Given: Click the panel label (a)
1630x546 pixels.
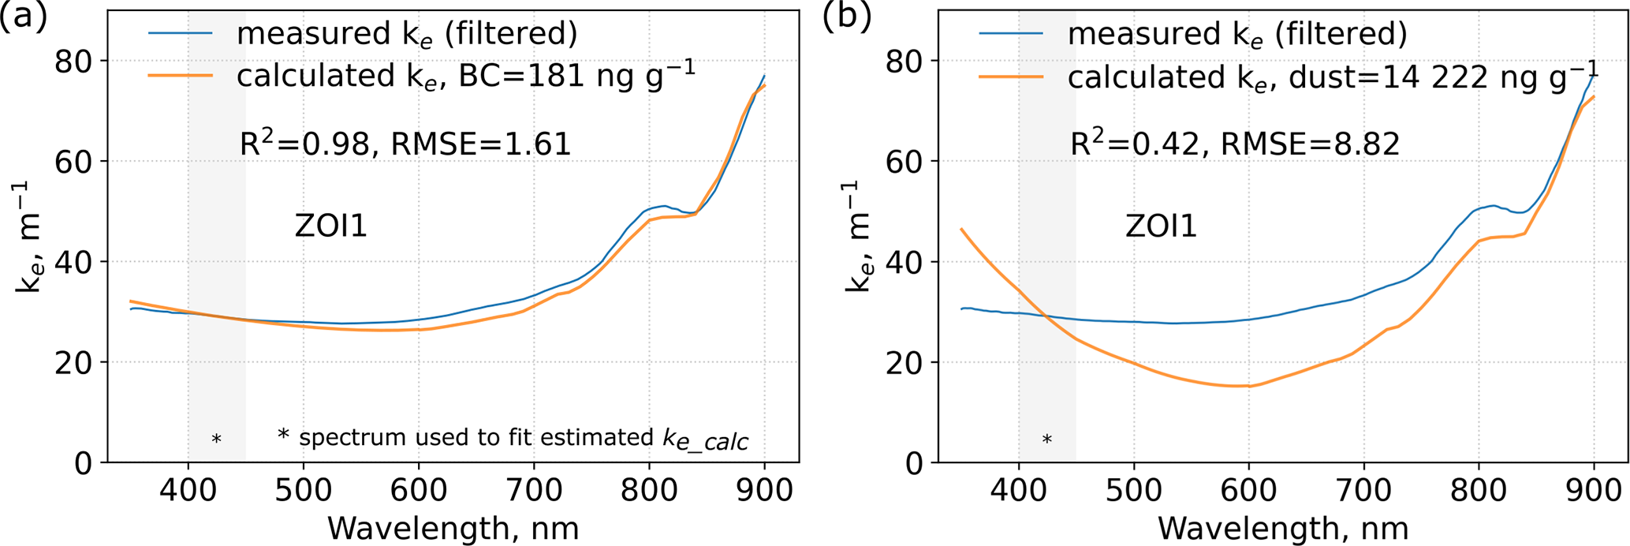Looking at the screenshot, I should [x=23, y=17].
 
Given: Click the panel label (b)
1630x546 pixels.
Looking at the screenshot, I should [x=847, y=17].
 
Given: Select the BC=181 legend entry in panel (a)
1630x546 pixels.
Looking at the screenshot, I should [x=465, y=76].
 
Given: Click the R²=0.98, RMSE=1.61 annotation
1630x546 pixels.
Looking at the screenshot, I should [x=405, y=144].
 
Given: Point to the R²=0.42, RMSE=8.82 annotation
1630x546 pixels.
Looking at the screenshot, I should [x=1235, y=144].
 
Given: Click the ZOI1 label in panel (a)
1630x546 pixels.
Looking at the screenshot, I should [x=331, y=226].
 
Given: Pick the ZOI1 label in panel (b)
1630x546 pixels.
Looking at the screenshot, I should [x=1161, y=226].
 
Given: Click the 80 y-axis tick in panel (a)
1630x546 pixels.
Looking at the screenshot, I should [x=73, y=61].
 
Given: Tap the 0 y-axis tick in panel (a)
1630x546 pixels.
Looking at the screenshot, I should [x=83, y=463].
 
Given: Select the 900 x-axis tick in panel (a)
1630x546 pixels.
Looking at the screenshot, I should [x=764, y=491].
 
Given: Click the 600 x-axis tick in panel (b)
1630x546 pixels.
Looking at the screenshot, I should [x=1249, y=491].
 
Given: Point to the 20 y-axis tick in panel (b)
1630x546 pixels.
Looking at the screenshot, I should [x=904, y=362].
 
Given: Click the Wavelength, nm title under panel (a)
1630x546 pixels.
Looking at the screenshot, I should [x=453, y=527].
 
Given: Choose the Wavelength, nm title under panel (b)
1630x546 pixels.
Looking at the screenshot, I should [x=1283, y=527].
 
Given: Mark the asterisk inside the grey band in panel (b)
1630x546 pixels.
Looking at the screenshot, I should [x=1046, y=439].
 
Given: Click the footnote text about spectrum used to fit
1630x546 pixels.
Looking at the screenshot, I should [x=513, y=438].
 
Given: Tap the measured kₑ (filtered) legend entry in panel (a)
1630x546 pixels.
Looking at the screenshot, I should [x=407, y=34].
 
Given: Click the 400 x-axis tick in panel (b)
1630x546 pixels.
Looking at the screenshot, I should [x=1019, y=491].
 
